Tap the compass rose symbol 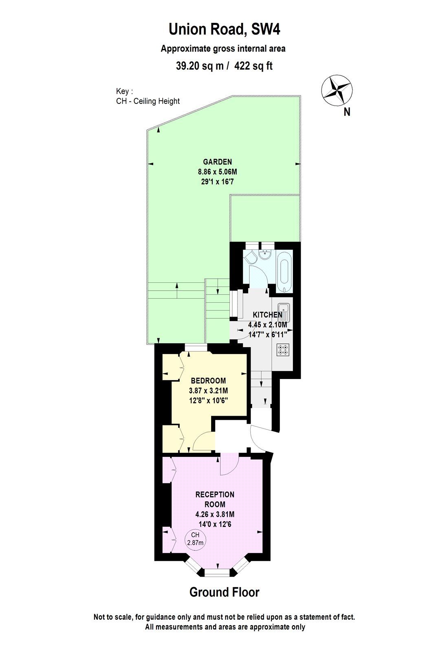tap(337, 90)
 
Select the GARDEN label tap(218, 162)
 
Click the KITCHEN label tap(267, 315)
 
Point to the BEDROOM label tap(208, 381)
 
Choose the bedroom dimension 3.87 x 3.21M tap(208, 390)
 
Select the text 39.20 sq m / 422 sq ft tap(224, 66)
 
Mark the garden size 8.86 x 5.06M tap(218, 172)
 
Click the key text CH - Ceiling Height tap(148, 101)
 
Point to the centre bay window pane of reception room tap(218, 573)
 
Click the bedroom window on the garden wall tap(196, 348)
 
